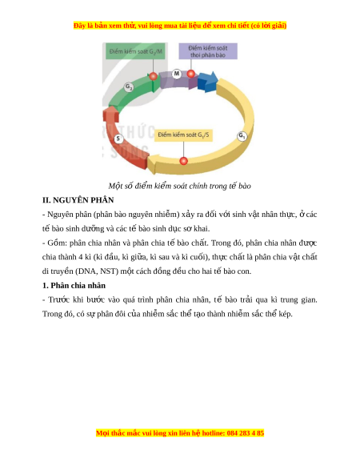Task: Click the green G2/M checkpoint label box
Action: pos(135,51)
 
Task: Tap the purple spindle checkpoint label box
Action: pos(208,51)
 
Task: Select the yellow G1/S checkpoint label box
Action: pos(183,135)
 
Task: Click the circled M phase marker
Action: pos(177,74)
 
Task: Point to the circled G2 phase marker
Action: pos(129,87)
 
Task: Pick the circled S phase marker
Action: pos(118,139)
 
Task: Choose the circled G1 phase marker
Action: pos(242,136)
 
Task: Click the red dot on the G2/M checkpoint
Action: pos(153,76)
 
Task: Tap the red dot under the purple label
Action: pos(191,74)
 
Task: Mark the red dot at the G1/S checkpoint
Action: pos(184,161)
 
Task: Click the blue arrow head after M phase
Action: pos(209,82)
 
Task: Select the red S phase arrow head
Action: pos(110,115)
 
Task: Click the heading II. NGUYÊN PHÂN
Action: pos(78,200)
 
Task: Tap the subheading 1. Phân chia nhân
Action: pos(74,286)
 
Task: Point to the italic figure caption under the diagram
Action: pos(180,186)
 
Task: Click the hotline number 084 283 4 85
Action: pos(246,433)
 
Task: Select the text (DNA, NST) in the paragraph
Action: pos(96,271)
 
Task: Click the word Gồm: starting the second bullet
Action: pos(58,243)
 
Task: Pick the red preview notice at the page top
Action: pos(180,26)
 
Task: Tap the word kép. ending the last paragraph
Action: pos(286,314)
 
